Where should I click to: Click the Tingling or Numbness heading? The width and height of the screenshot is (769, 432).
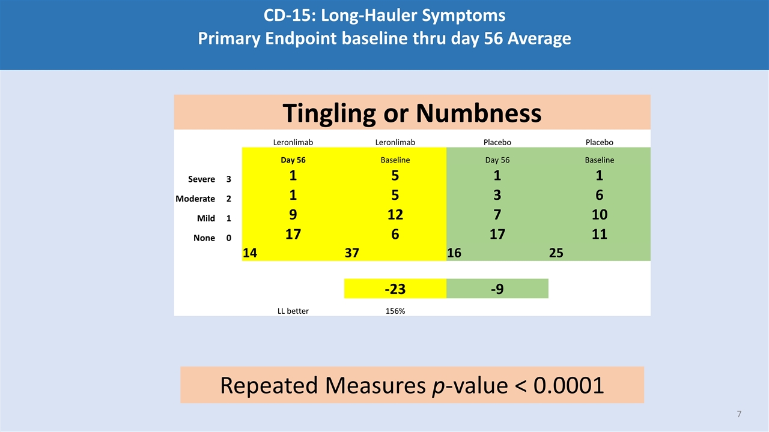[x=412, y=112]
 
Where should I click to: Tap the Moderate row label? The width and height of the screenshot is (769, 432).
[x=195, y=199]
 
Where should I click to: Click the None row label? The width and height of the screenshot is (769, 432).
[x=204, y=238]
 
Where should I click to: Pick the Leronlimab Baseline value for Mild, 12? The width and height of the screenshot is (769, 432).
[x=395, y=214]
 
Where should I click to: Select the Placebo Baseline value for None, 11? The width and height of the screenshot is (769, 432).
[x=599, y=234]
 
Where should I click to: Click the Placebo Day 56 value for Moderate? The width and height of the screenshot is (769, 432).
[x=497, y=195]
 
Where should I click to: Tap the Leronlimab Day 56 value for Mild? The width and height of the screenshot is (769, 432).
[x=293, y=214]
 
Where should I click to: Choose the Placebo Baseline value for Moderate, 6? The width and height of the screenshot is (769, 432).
[x=599, y=195]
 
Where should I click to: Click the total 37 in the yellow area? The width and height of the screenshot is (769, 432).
[x=351, y=253]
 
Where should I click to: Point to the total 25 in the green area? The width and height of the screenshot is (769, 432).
[x=556, y=253]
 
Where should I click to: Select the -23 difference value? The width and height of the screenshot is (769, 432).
[x=395, y=289]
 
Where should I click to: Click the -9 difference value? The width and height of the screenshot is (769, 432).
[x=497, y=289]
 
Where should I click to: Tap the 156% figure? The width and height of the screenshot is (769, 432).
[x=395, y=311]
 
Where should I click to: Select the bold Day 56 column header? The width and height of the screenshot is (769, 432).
[x=293, y=160]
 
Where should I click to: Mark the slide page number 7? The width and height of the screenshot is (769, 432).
[x=739, y=414]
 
